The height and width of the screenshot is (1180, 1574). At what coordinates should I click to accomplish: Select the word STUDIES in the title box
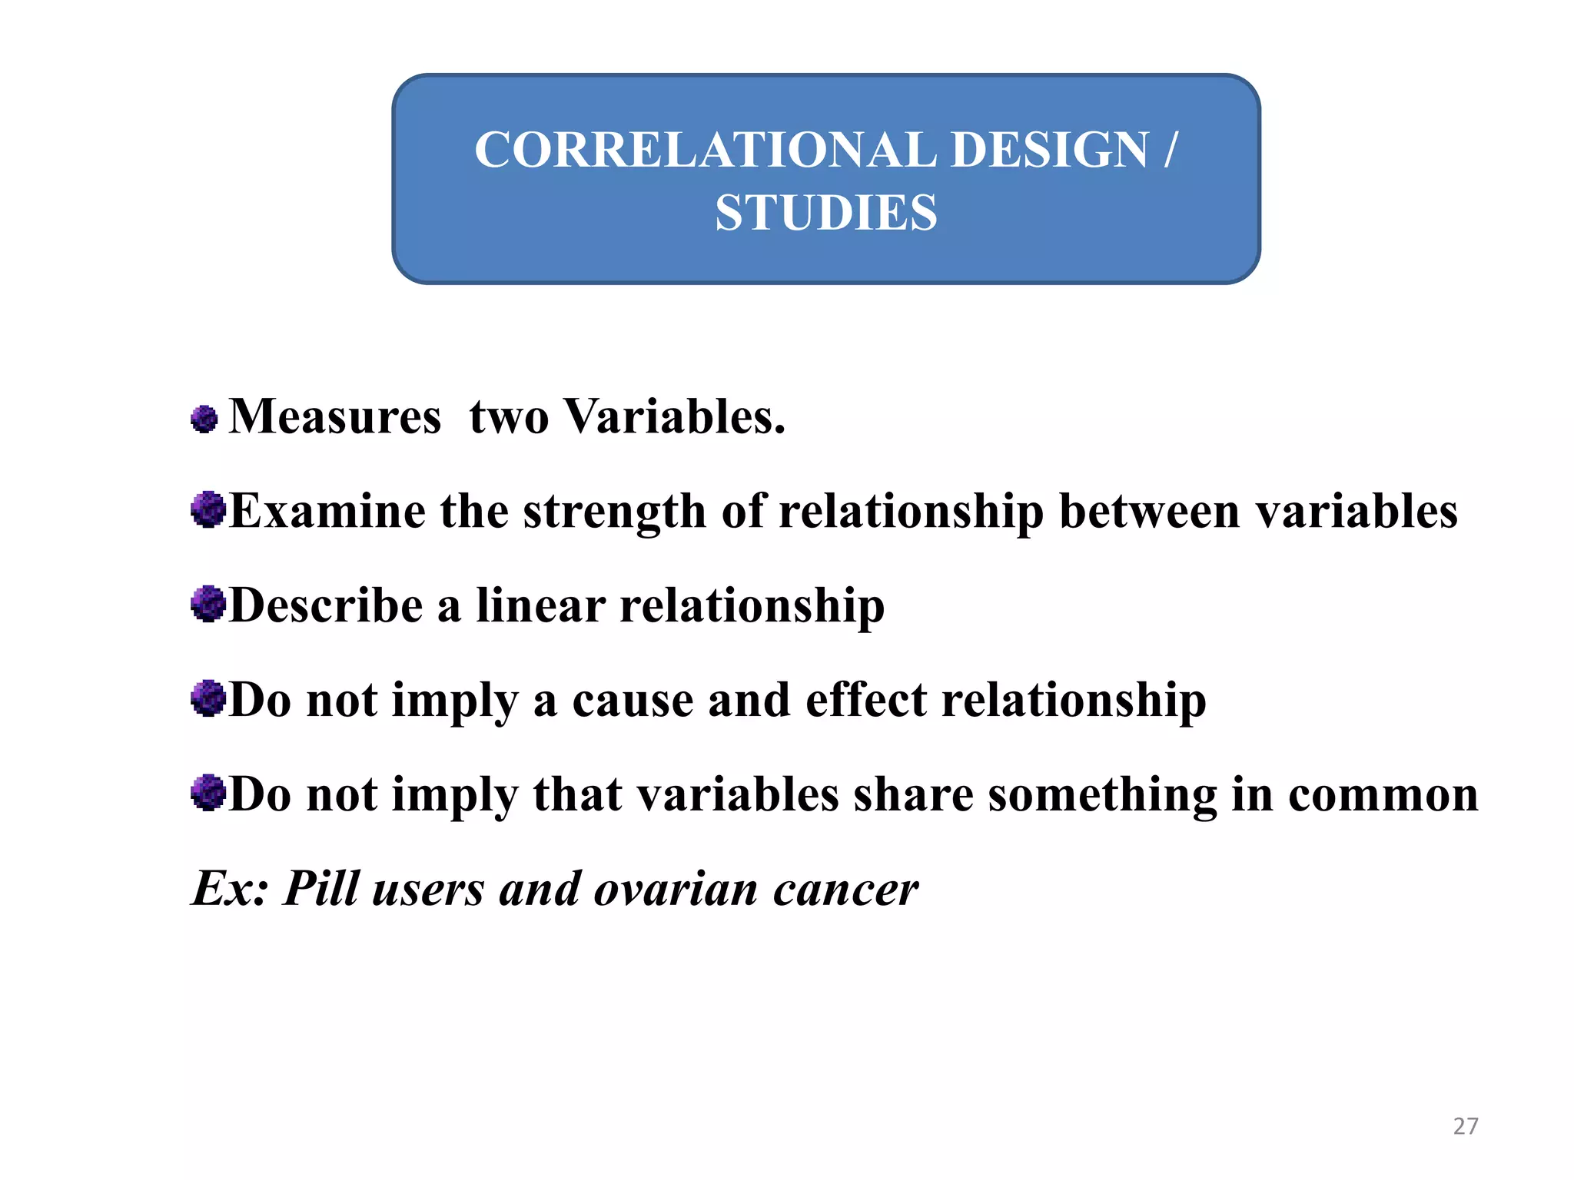pos(826,213)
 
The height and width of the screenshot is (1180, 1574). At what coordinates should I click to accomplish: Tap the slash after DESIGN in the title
pos(1169,149)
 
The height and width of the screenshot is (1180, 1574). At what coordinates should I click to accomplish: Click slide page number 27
pos(1465,1126)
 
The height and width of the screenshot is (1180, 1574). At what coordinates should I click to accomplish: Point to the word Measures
pos(335,417)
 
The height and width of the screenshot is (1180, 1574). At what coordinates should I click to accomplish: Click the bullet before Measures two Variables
pos(204,419)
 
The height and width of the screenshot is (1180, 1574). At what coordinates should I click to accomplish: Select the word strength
pos(614,512)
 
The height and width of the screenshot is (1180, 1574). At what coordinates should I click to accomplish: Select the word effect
pos(865,700)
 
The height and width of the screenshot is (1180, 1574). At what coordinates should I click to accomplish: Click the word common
pos(1383,795)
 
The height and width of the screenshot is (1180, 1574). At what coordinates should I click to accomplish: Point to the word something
pos(1102,795)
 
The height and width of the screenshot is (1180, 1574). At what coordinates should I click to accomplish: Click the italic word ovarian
pos(676,890)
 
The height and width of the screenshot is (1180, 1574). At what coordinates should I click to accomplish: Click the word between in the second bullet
pos(1149,512)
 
